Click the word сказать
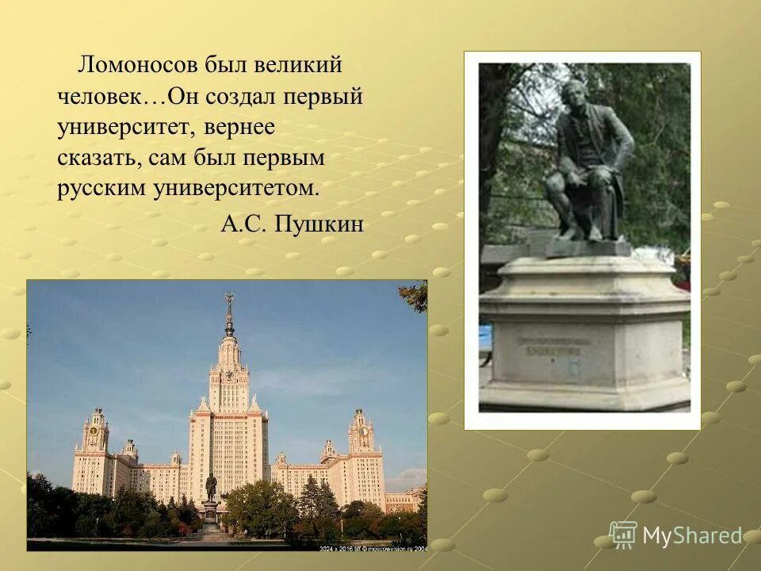pyautogui.click(x=98, y=158)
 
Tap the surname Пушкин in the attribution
pyautogui.click(x=319, y=224)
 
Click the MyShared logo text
pyautogui.click(x=692, y=536)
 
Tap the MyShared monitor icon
pyautogui.click(x=623, y=535)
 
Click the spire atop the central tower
pyautogui.click(x=229, y=313)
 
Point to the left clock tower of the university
pyautogui.click(x=96, y=432)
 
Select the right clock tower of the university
pyautogui.click(x=361, y=432)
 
